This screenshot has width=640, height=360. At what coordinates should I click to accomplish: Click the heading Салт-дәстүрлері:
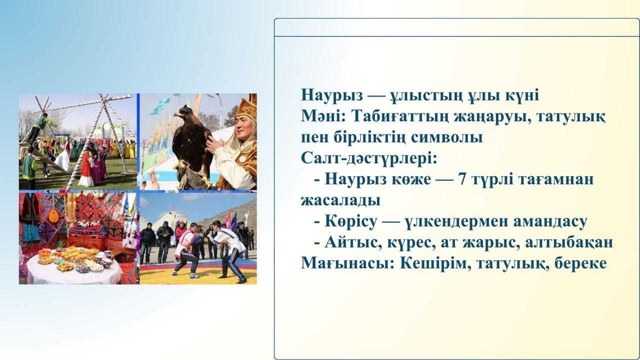tap(369, 158)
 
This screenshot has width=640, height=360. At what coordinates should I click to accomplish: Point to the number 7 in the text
tap(463, 179)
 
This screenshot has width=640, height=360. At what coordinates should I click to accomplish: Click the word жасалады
tap(340, 200)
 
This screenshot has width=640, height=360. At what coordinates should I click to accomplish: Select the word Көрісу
tap(351, 221)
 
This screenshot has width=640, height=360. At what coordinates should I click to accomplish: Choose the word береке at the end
tap(580, 263)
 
